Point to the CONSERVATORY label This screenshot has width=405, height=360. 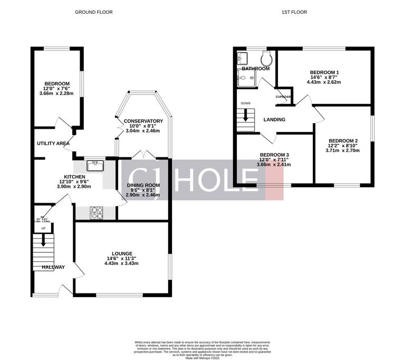pyautogui.click(x=143, y=121)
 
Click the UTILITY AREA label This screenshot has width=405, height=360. pyautogui.click(x=53, y=143)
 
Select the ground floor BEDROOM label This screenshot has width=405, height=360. pyautogui.click(x=57, y=83)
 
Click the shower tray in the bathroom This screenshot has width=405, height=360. pyautogui.click(x=247, y=79)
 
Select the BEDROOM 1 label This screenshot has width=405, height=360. pyautogui.click(x=324, y=72)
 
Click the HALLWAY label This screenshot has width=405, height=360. pyautogui.click(x=53, y=267)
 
